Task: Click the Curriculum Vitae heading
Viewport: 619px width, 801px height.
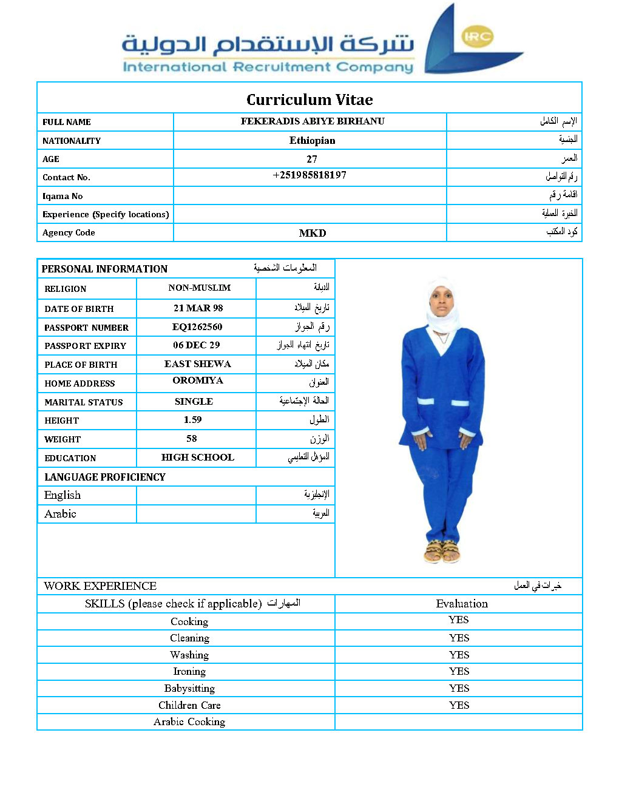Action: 309,100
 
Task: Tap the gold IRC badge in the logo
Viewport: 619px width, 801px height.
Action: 477,36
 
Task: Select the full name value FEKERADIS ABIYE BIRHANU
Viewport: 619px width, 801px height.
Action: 313,121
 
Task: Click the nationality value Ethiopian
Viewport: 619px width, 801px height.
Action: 312,140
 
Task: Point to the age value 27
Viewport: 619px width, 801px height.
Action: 312,159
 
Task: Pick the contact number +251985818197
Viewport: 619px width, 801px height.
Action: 309,175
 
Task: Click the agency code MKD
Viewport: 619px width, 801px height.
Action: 313,233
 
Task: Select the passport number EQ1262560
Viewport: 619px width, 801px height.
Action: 197,327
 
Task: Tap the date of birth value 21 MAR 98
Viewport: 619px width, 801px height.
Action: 198,308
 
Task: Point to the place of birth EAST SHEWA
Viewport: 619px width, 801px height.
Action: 197,364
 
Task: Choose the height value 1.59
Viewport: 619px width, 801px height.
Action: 193,420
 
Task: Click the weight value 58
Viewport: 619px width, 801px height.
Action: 192,439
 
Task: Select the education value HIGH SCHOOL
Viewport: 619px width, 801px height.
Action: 197,458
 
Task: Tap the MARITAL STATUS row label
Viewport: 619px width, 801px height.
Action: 84,402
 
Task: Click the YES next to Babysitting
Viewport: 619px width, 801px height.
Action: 459,688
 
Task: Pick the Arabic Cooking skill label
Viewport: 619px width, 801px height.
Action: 189,722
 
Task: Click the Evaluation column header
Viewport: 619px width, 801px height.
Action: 462,604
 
